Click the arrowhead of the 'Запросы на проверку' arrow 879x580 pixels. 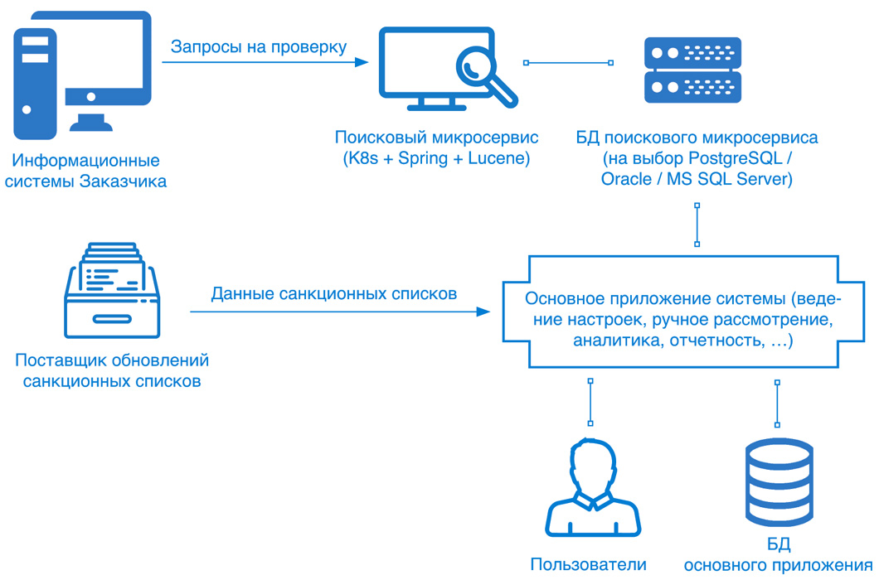pyautogui.click(x=362, y=62)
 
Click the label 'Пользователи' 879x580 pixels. pyautogui.click(x=588, y=565)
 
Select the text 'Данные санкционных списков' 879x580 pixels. pyautogui.click(x=334, y=293)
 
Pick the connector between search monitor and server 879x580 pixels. pyautogui.click(x=568, y=62)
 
